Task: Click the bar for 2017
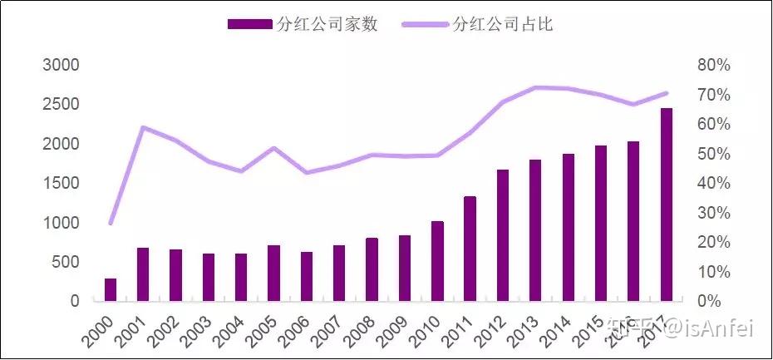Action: tap(666, 205)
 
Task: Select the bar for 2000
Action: tap(111, 289)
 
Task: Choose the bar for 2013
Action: tap(535, 229)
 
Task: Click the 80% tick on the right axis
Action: tap(711, 65)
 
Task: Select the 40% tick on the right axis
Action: tap(711, 183)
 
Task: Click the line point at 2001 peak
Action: tap(143, 127)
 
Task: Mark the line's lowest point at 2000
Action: tap(111, 223)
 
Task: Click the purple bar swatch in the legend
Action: tap(249, 25)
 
